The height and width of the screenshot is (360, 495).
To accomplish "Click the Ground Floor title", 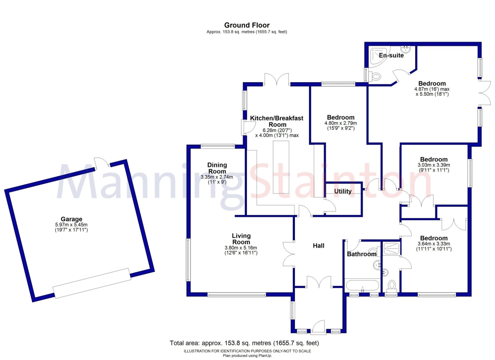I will pyautogui.click(x=247, y=25).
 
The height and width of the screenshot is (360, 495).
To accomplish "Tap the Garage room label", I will pyautogui.click(x=71, y=219).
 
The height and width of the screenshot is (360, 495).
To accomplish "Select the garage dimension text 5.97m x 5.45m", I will pyautogui.click(x=71, y=225).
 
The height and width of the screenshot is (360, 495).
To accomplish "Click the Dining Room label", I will pyautogui.click(x=217, y=168).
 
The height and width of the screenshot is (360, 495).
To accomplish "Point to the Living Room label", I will pyautogui.click(x=241, y=239).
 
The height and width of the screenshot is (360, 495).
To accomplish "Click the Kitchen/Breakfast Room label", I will pyautogui.click(x=277, y=121).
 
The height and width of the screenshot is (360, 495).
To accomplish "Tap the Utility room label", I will pyautogui.click(x=343, y=191).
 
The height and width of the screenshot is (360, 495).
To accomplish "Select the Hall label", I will pyautogui.click(x=318, y=246).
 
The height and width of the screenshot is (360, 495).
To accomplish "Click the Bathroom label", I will pyautogui.click(x=361, y=254).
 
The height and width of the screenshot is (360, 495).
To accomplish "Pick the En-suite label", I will pyautogui.click(x=391, y=55).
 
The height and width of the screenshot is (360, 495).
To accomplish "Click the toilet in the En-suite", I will pyautogui.click(x=375, y=76).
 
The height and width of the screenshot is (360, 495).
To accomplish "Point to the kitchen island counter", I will pyautogui.click(x=281, y=167).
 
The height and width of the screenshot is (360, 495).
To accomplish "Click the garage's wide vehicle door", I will pyautogui.click(x=92, y=283).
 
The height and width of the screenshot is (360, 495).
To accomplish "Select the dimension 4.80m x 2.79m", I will pyautogui.click(x=340, y=123).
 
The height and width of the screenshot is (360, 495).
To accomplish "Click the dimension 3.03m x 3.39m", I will pyautogui.click(x=434, y=165).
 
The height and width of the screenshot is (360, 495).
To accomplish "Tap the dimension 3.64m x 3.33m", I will pyautogui.click(x=434, y=244).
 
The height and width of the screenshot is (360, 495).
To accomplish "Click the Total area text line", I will pyautogui.click(x=244, y=343).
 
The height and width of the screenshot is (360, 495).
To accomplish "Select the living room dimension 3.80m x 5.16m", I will pyautogui.click(x=241, y=248).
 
